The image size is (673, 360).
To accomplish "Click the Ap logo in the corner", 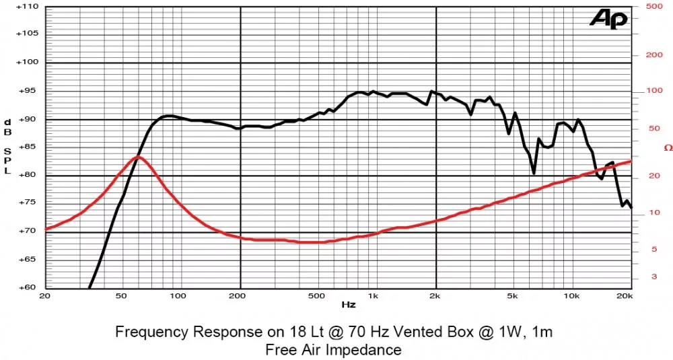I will pyautogui.click(x=608, y=20).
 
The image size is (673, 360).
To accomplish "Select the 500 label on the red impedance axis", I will pyautogui.click(x=653, y=6).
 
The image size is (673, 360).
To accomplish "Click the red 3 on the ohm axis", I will pyautogui.click(x=653, y=277).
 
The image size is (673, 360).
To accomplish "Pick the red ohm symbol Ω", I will pyautogui.click(x=668, y=147).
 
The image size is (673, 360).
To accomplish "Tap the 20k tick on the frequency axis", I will pyautogui.click(x=624, y=296).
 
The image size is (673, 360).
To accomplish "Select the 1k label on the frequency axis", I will pyautogui.click(x=373, y=296).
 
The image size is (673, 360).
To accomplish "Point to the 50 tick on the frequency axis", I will pyautogui.click(x=121, y=296).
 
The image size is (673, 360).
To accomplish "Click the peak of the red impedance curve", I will pyautogui.click(x=137, y=157).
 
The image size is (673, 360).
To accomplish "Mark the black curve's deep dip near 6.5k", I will pyautogui.click(x=534, y=173).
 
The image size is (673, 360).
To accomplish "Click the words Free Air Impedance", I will pyautogui.click(x=333, y=350).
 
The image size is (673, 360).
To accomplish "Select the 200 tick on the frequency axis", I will pyautogui.click(x=240, y=296).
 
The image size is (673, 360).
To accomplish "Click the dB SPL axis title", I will pyautogui.click(x=8, y=147).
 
